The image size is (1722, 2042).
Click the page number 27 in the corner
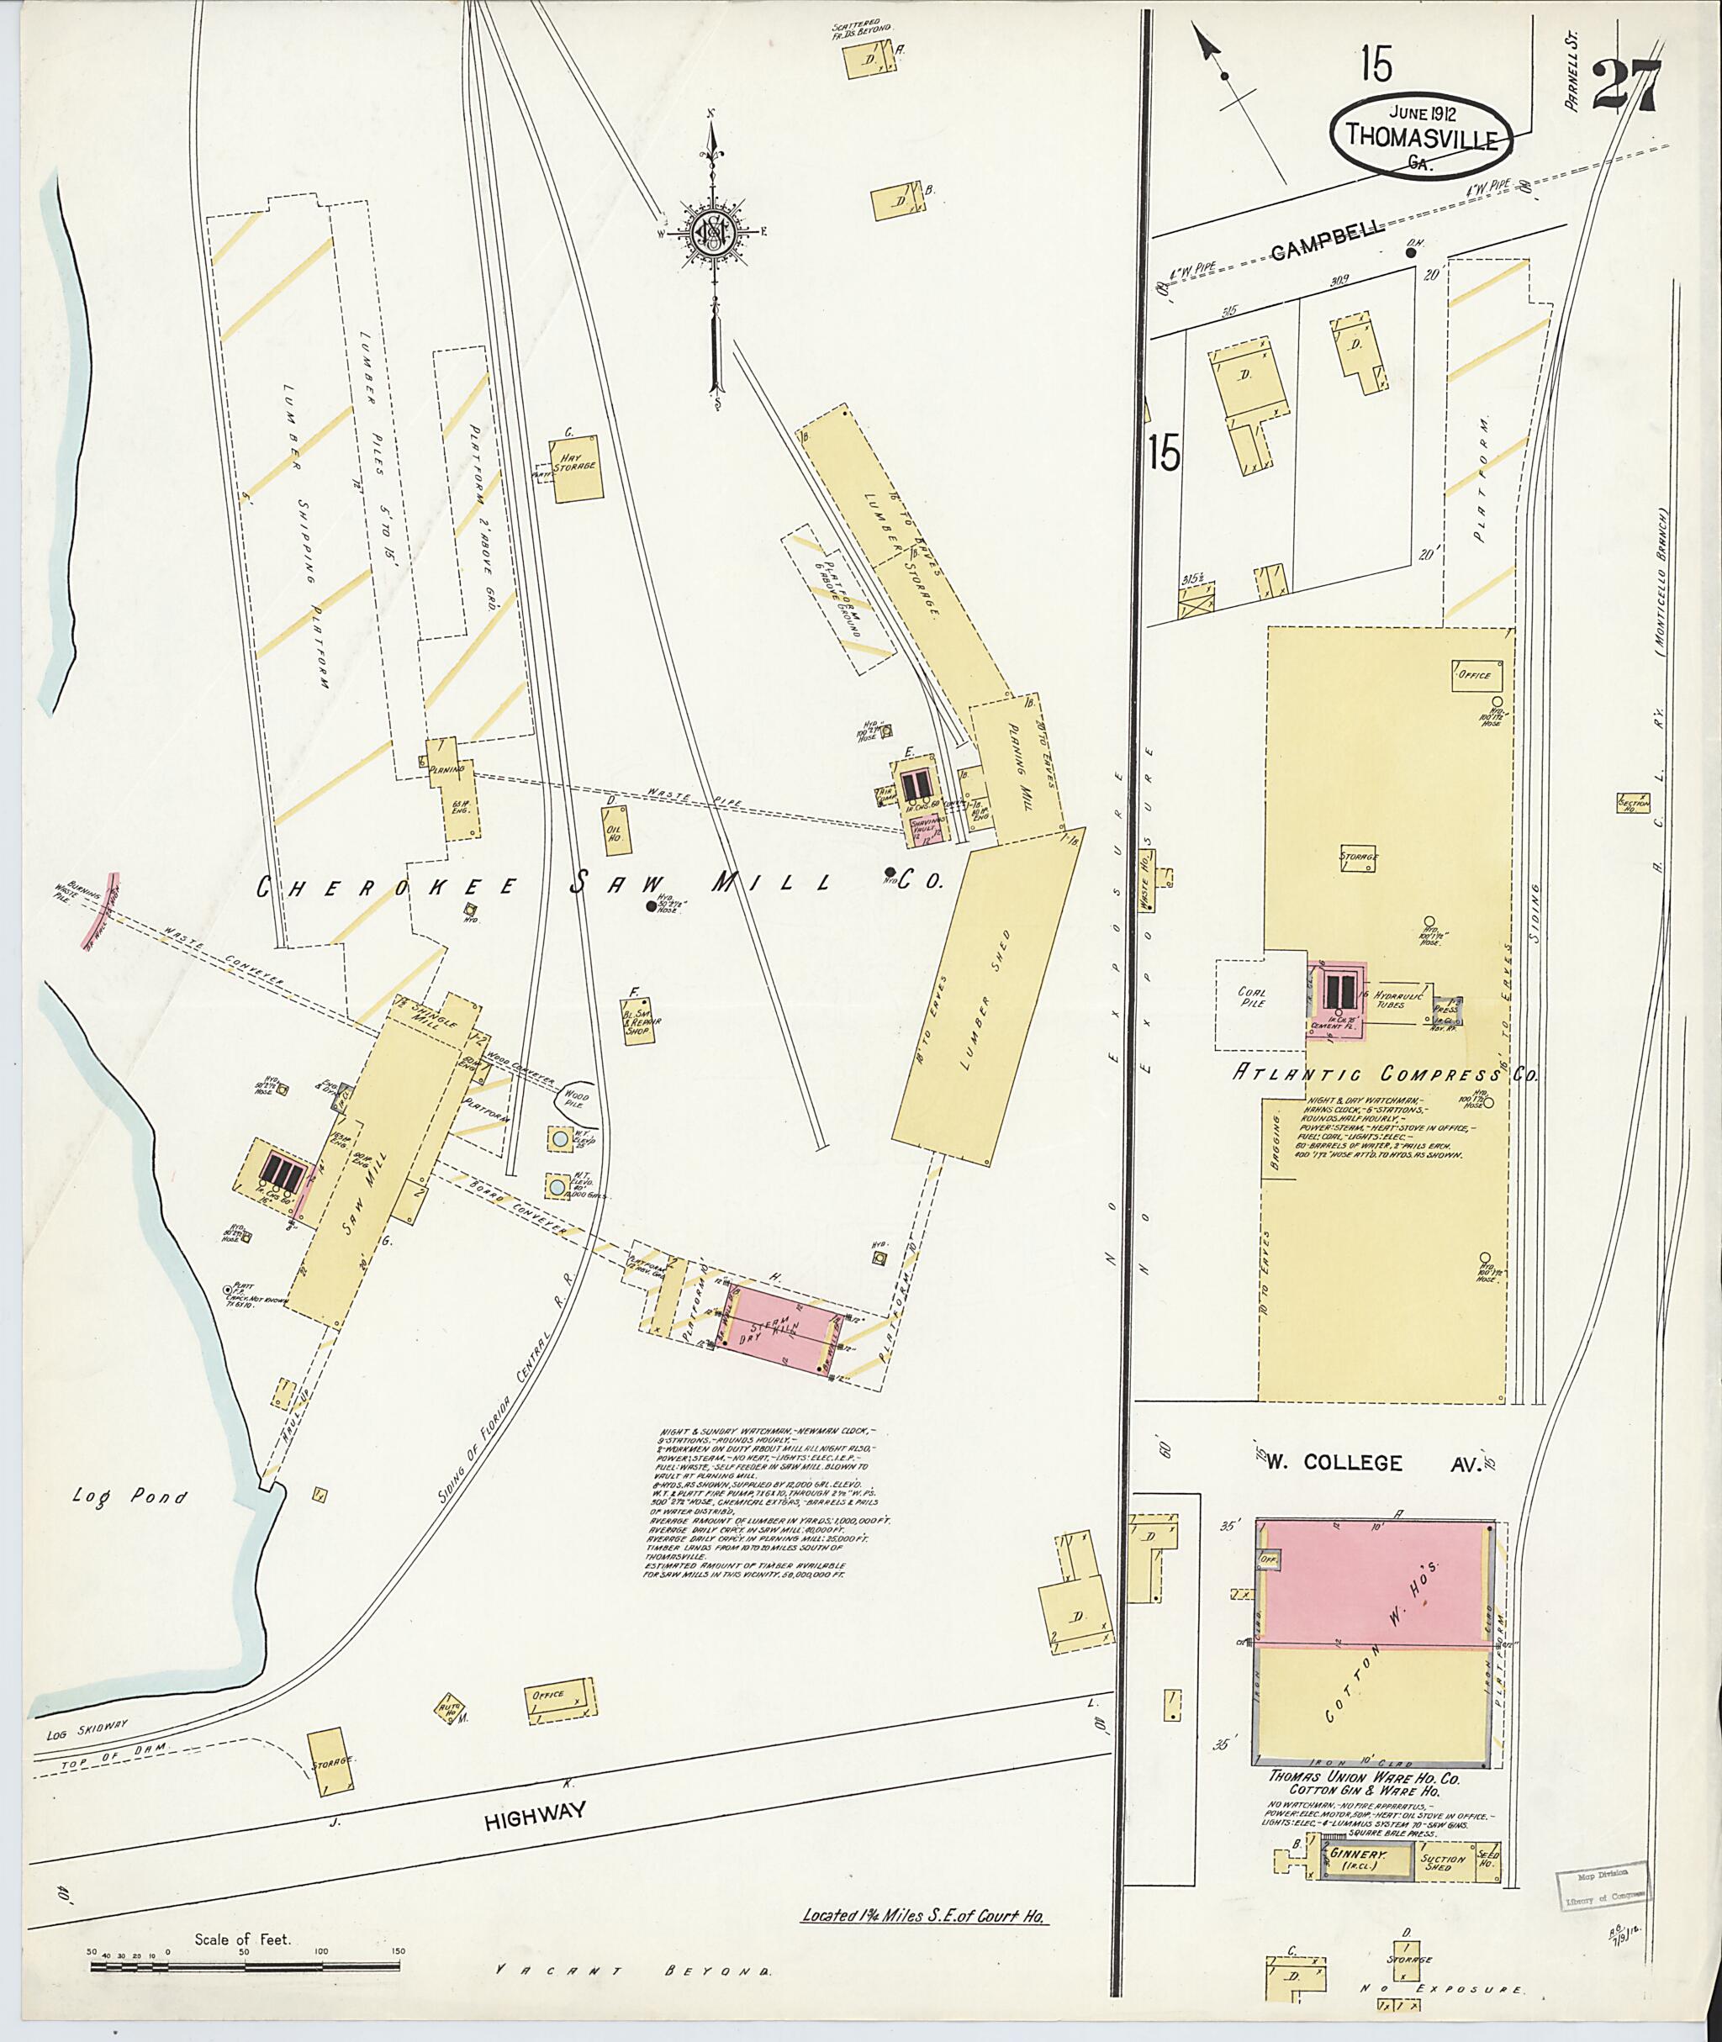pos(1625,87)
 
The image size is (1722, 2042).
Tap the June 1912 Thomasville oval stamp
pos(1420,137)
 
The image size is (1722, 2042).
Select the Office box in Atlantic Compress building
pos(1475,675)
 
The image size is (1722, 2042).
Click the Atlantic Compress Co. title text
pos(1387,1074)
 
